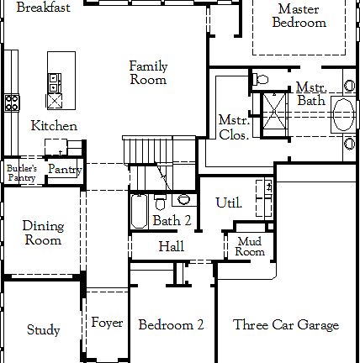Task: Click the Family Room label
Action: pyautogui.click(x=148, y=73)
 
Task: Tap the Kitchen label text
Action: pyautogui.click(x=54, y=126)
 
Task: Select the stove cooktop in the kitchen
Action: pyautogui.click(x=13, y=103)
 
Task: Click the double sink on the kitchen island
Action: pyautogui.click(x=55, y=82)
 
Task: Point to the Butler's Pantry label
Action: pyautogui.click(x=22, y=173)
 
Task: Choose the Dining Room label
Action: pyautogui.click(x=42, y=233)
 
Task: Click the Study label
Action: pyautogui.click(x=43, y=330)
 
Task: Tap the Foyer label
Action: pyautogui.click(x=107, y=324)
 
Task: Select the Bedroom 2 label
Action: pyautogui.click(x=171, y=325)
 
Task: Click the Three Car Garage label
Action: pyautogui.click(x=286, y=325)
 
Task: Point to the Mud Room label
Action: pyautogui.click(x=250, y=247)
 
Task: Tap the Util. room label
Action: pyautogui.click(x=229, y=203)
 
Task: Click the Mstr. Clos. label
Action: pyautogui.click(x=231, y=126)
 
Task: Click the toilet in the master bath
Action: pyautogui.click(x=261, y=80)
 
